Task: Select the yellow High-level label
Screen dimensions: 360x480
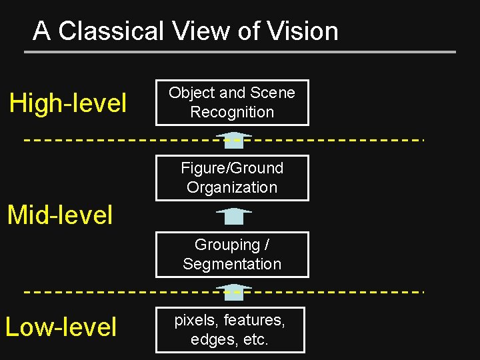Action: (x=67, y=103)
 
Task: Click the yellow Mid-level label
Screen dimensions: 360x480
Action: (x=59, y=215)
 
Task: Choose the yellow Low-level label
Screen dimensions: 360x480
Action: (x=61, y=327)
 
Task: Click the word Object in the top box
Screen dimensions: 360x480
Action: (x=192, y=93)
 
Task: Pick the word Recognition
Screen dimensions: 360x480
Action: (x=232, y=112)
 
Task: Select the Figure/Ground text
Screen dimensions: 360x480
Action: (x=232, y=168)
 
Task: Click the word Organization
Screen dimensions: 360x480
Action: (x=232, y=187)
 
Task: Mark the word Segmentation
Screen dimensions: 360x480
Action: (x=232, y=264)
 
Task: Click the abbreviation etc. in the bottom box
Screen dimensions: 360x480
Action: (x=255, y=340)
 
